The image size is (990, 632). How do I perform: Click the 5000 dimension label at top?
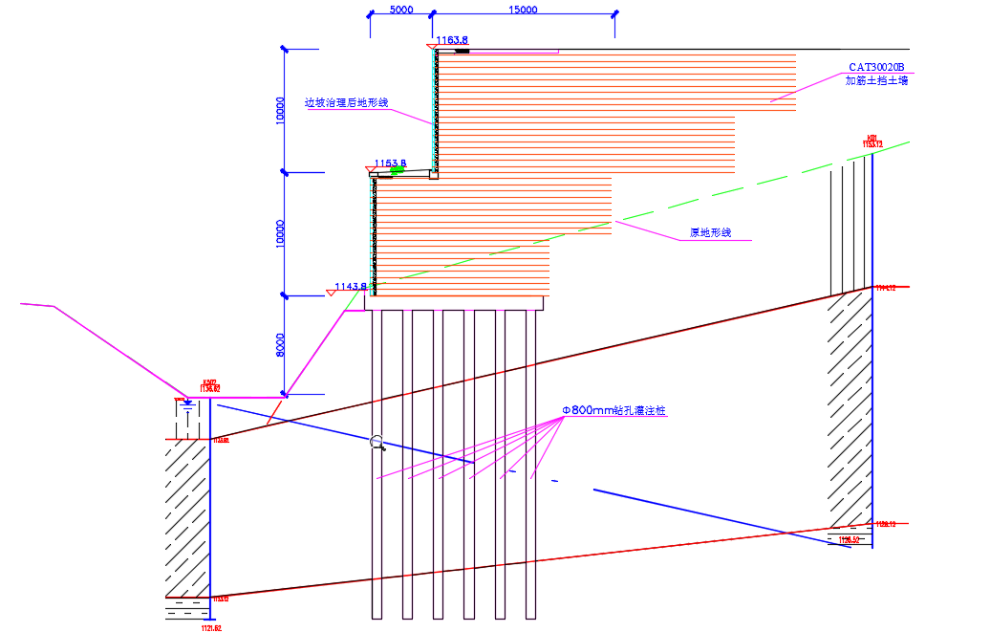(400, 10)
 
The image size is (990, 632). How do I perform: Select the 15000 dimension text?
(523, 10)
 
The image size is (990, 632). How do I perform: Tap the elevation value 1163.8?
(452, 40)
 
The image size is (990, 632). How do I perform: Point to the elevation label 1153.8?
(391, 163)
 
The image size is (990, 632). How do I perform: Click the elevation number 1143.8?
(351, 286)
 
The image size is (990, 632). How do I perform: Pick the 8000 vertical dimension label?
(279, 345)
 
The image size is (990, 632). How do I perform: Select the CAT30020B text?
(876, 67)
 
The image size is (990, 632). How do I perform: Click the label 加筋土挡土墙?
(876, 81)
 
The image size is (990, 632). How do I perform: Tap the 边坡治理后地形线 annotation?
(346, 102)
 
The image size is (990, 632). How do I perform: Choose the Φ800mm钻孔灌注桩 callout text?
(613, 410)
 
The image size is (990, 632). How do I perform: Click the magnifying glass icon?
(378, 443)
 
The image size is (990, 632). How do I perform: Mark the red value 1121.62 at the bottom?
(211, 628)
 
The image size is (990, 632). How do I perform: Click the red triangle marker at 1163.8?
(431, 45)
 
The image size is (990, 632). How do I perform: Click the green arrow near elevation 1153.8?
(411, 170)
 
